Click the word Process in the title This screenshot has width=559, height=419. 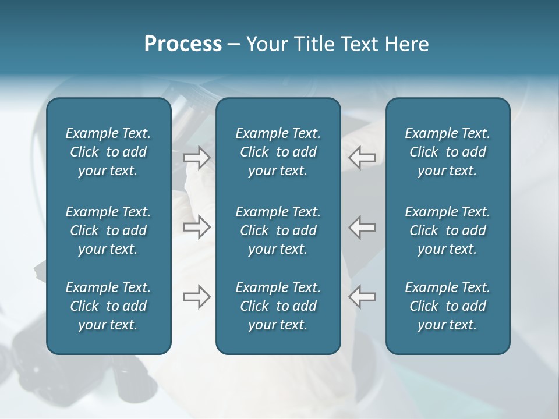click(x=183, y=44)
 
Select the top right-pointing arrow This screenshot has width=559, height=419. click(x=197, y=158)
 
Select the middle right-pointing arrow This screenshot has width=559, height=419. click(x=197, y=227)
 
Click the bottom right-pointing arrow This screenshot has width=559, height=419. click(x=197, y=297)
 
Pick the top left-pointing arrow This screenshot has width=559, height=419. click(x=362, y=158)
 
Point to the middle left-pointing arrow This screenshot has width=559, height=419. click(x=362, y=227)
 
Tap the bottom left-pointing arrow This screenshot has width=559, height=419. click(x=362, y=297)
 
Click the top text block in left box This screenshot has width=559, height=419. click(x=108, y=152)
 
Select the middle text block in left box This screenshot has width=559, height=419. click(x=108, y=230)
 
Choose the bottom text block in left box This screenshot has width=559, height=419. click(x=108, y=306)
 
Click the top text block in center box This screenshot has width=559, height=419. click(x=278, y=152)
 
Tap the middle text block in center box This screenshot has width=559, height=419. click(x=278, y=230)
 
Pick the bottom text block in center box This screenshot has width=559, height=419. click(x=278, y=306)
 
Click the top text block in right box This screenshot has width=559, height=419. click(x=447, y=152)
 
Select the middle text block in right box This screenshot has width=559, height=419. click(x=447, y=230)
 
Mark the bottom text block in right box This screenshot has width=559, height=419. click(x=447, y=306)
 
